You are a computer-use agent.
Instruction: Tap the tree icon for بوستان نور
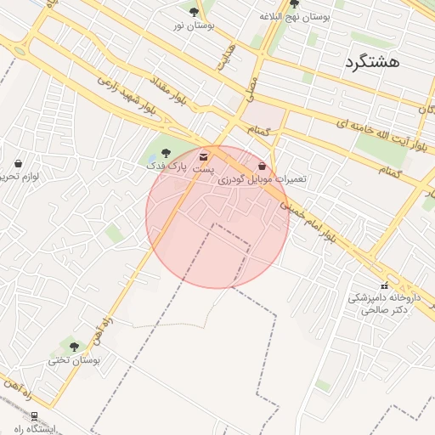pyautogui.click(x=195, y=12)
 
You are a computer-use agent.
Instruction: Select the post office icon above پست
pyautogui.click(x=203, y=157)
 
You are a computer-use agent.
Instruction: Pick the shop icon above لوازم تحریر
pyautogui.click(x=19, y=163)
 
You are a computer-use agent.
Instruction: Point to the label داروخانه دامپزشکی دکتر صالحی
pyautogui.click(x=379, y=304)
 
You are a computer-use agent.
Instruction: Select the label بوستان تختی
pyautogui.click(x=74, y=360)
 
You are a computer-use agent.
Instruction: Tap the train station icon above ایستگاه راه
pyautogui.click(x=34, y=416)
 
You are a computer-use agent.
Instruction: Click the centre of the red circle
pyautogui.click(x=217, y=217)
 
